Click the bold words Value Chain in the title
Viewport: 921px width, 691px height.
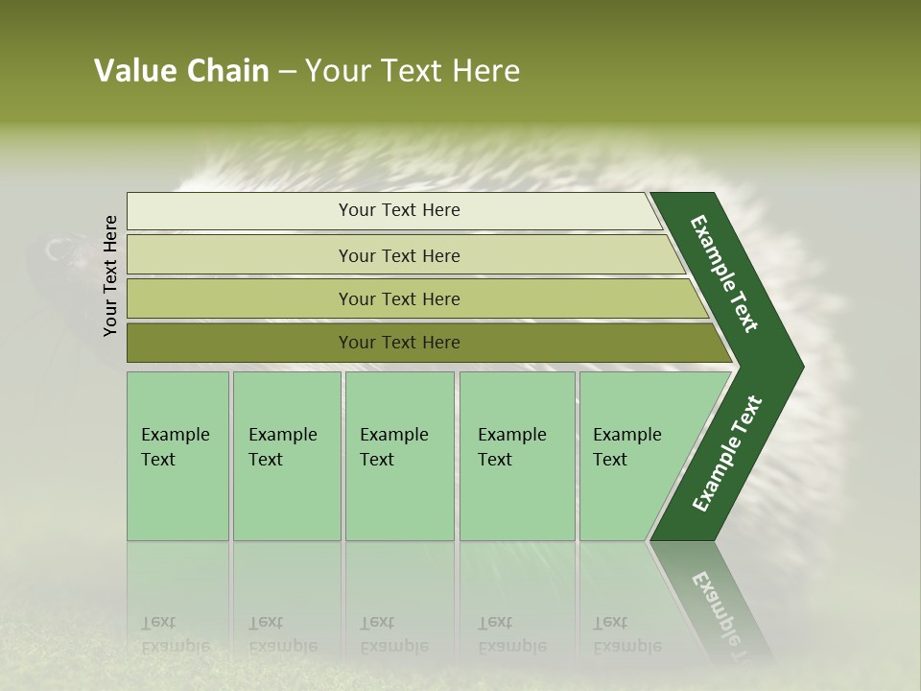(181, 71)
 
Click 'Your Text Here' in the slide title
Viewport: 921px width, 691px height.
(413, 71)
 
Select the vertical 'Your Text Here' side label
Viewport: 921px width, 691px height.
(110, 275)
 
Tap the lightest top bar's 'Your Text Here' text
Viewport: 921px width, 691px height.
(399, 210)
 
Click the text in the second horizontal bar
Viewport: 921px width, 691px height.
(399, 256)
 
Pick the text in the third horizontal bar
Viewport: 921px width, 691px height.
(399, 299)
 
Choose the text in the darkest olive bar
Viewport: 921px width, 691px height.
(399, 343)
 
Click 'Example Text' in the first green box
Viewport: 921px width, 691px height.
(175, 447)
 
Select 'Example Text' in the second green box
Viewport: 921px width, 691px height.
(282, 447)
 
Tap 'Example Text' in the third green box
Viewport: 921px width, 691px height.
(393, 447)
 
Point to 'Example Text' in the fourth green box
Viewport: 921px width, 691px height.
(511, 447)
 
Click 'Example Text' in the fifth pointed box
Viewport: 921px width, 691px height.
(626, 447)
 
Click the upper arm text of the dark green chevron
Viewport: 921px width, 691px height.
(724, 274)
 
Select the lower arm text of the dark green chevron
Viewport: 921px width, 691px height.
(726, 454)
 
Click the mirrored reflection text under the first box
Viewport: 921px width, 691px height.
(175, 634)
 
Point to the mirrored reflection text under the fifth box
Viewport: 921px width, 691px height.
(626, 634)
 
